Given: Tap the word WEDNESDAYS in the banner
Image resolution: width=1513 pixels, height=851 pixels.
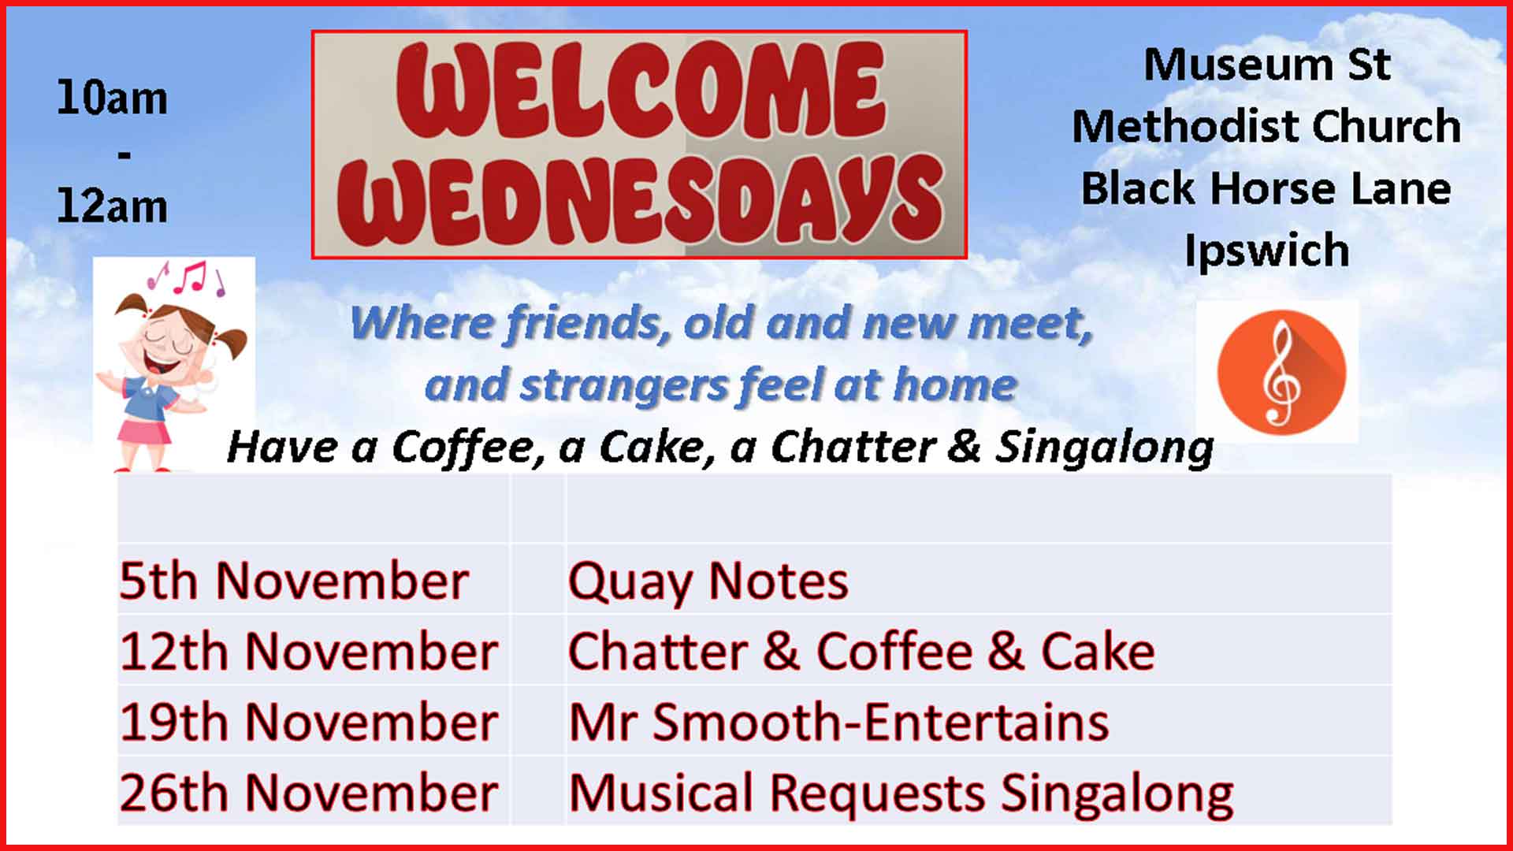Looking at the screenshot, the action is pyautogui.click(x=640, y=199).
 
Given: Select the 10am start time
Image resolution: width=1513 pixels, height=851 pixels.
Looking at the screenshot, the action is pyautogui.click(x=112, y=98).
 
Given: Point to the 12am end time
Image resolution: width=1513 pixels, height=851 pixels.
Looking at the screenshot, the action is pyautogui.click(x=112, y=206).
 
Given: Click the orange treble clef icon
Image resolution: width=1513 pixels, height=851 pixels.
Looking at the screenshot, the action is pyautogui.click(x=1281, y=373).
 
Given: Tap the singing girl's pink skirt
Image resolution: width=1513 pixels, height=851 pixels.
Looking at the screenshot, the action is pyautogui.click(x=144, y=432).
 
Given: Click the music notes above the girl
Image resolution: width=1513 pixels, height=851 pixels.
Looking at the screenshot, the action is pyautogui.click(x=186, y=278).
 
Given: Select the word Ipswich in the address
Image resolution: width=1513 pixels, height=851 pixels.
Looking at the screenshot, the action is pyautogui.click(x=1266, y=251).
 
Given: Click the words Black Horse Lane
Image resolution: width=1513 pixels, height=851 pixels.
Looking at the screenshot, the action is pyautogui.click(x=1266, y=189).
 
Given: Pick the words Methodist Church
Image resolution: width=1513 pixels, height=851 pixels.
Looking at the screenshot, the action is pyautogui.click(x=1266, y=126).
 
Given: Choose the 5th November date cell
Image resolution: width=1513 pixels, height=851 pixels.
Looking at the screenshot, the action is pyautogui.click(x=295, y=582).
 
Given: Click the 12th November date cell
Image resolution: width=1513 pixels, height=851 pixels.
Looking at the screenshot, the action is pyautogui.click(x=309, y=652).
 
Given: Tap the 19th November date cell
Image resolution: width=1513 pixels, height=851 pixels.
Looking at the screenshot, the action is pyautogui.click(x=309, y=722).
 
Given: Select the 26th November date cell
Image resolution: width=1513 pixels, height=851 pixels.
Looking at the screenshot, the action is pyautogui.click(x=309, y=792).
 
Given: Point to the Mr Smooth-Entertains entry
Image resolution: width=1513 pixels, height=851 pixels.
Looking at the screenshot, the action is pyautogui.click(x=838, y=722).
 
